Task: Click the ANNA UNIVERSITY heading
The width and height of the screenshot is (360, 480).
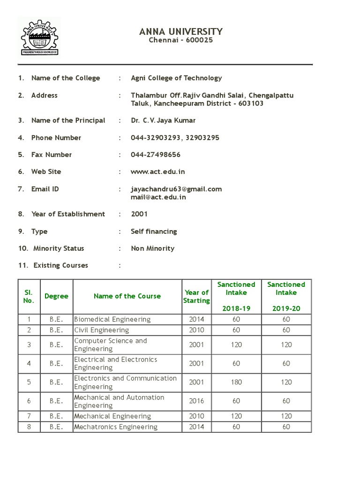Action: pyautogui.click(x=181, y=31)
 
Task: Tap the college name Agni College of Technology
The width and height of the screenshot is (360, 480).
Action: pyautogui.click(x=176, y=78)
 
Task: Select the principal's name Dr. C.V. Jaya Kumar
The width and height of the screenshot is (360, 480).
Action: pyautogui.click(x=163, y=120)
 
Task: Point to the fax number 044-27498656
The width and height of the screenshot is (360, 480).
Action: pyautogui.click(x=156, y=155)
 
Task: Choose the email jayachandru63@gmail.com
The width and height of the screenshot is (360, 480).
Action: pyautogui.click(x=176, y=189)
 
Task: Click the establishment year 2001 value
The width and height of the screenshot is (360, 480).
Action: pyautogui.click(x=139, y=214)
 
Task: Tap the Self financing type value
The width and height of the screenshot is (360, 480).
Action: pyautogui.click(x=154, y=232)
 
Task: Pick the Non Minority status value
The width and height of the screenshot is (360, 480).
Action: pyautogui.click(x=152, y=248)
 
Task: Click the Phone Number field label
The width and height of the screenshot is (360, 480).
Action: pyautogui.click(x=56, y=138)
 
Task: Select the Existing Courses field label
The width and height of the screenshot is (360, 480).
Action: pyautogui.click(x=60, y=266)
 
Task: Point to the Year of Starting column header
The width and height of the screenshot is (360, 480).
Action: pyautogui.click(x=196, y=296)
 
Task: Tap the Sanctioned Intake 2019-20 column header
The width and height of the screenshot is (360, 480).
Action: pyautogui.click(x=286, y=296)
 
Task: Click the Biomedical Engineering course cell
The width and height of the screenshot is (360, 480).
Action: pyautogui.click(x=112, y=319)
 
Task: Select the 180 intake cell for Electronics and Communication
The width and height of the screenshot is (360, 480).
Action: pyautogui.click(x=236, y=382)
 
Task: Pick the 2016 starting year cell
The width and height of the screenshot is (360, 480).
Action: pyautogui.click(x=196, y=401)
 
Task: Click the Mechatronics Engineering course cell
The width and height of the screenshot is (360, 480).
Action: pyautogui.click(x=116, y=427)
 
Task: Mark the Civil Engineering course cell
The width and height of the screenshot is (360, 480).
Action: pyautogui.click(x=102, y=330)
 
